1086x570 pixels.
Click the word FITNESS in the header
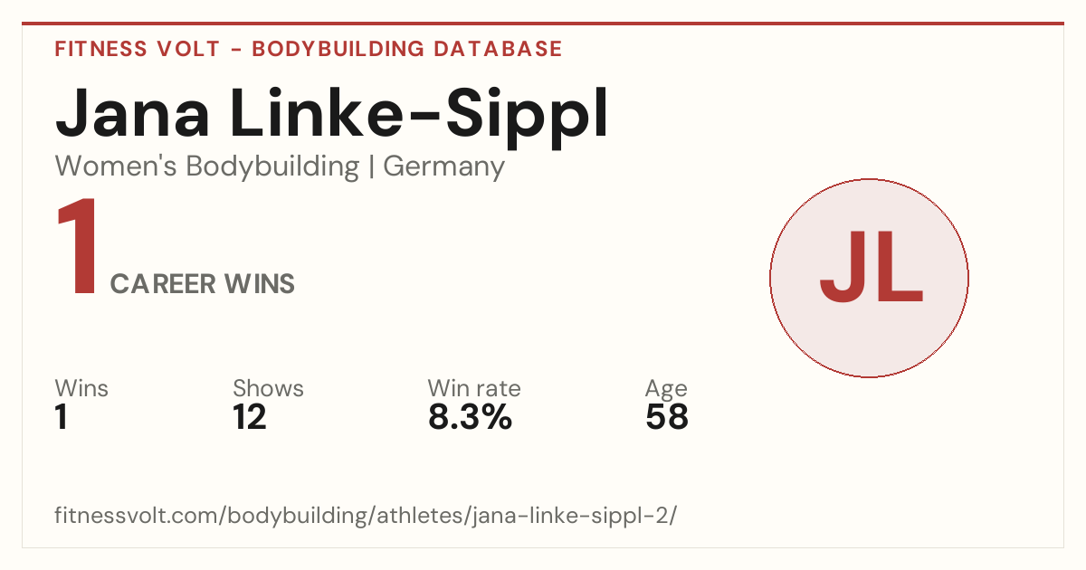(100, 49)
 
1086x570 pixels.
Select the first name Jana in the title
(132, 113)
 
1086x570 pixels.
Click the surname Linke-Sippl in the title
(419, 117)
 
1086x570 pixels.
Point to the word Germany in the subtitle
(443, 167)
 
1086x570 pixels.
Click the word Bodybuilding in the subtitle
(272, 166)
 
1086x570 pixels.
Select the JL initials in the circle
(872, 267)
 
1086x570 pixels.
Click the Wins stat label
(81, 388)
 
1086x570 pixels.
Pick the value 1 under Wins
(62, 417)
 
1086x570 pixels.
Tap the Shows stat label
(268, 388)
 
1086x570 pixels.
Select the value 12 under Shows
(249, 417)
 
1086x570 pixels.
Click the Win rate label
(474, 388)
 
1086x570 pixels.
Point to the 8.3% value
(470, 417)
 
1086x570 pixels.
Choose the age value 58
(667, 417)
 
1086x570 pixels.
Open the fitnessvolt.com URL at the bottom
(366, 515)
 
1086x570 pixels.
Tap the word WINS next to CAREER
(260, 284)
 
